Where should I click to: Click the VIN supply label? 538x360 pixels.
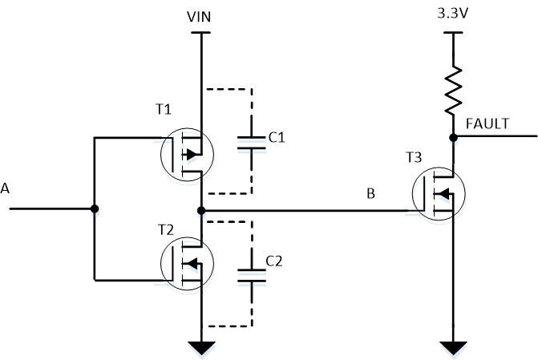200,16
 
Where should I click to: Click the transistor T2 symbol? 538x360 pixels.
186,263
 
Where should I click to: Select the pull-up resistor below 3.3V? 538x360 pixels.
453,90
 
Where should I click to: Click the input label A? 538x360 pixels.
6,188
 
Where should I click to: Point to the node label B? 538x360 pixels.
370,194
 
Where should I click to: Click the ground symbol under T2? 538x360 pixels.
200,347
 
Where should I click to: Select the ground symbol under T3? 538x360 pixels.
453,347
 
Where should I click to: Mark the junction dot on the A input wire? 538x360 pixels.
95,209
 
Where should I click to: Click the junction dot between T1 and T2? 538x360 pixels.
200,210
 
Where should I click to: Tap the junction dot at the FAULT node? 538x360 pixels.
453,137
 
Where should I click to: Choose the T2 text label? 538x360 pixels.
166,229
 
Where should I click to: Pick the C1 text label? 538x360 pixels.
277,138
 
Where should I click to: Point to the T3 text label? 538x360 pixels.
414,158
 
